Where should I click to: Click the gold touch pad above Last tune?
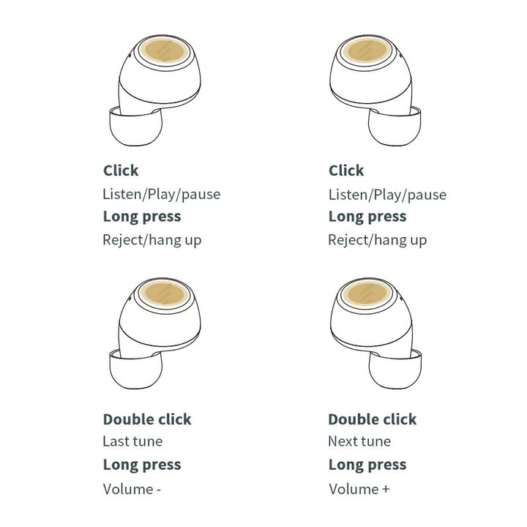point(165,294)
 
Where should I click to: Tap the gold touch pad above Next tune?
point(367,294)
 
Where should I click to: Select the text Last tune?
point(132,441)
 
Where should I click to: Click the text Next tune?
point(359,441)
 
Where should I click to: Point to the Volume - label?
point(132,489)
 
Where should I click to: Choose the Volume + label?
point(359,489)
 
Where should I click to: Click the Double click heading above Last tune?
point(147,419)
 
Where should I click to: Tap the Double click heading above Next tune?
point(373,419)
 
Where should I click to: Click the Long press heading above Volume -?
point(142,466)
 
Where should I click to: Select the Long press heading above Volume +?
point(367,466)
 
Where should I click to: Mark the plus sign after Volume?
point(386,489)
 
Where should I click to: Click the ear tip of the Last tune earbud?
point(136,370)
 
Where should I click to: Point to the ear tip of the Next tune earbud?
point(395,370)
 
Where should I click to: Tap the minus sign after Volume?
point(159,490)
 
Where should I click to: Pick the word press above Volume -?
point(162,466)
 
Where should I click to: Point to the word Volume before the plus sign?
point(354,489)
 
